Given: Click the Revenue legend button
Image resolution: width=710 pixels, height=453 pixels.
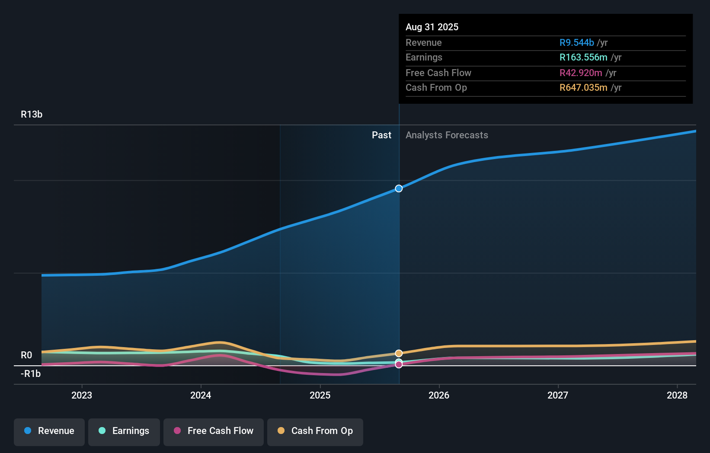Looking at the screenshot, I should [49, 431].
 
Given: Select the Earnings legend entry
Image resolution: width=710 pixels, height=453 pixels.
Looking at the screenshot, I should [124, 431].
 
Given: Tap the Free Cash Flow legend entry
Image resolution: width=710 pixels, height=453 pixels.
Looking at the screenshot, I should [214, 431].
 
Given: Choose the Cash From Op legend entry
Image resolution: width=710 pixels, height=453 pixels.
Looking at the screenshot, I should [315, 431].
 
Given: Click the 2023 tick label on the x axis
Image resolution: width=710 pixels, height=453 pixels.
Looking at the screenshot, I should [82, 396].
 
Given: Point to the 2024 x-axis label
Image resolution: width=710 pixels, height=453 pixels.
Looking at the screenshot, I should [201, 396].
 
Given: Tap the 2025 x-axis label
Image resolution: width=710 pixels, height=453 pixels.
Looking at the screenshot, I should [320, 396].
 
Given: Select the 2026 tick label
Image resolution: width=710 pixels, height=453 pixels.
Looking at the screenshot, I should [439, 396].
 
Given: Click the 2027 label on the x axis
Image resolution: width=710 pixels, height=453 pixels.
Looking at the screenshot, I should [558, 396].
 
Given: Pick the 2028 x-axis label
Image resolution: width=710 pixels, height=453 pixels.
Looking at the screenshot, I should [677, 396].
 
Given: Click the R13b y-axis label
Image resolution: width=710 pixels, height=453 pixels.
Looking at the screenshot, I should [32, 115].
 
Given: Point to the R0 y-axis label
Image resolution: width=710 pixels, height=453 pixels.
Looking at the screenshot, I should [26, 355].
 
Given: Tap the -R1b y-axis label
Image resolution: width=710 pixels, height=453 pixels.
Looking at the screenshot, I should [31, 374].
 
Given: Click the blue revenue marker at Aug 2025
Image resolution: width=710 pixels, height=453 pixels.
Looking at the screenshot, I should [399, 188].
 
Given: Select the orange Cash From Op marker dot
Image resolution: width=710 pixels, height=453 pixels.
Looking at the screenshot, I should [399, 353].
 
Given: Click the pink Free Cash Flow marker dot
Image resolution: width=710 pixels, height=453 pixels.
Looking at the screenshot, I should [399, 365].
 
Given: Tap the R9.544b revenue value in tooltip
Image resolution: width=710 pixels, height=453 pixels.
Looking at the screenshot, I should [576, 43].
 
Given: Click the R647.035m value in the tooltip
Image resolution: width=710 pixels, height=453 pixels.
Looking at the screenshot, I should [583, 88].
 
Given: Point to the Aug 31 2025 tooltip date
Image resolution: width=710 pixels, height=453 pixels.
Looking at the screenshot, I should [432, 27].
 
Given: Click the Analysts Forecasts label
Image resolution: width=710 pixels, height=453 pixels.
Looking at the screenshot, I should [447, 135].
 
